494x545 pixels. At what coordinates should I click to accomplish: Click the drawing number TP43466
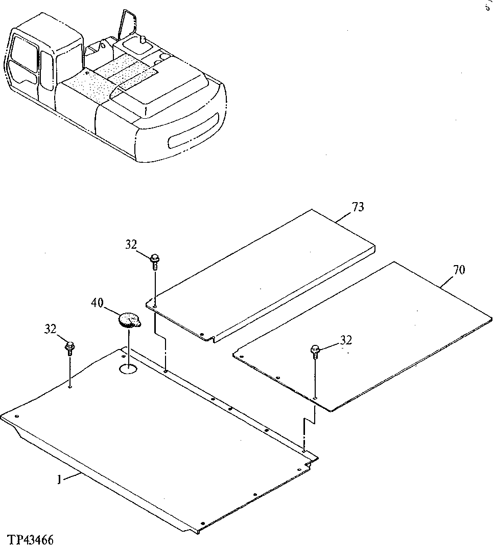(x=31, y=539)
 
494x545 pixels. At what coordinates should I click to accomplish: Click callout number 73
(x=358, y=207)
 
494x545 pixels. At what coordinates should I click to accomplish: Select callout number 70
(x=459, y=270)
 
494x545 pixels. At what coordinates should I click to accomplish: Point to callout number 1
(x=60, y=479)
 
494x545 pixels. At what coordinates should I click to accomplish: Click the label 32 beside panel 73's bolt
(x=131, y=245)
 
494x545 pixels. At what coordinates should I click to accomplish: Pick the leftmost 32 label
(x=50, y=329)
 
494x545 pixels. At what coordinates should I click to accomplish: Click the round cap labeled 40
(x=128, y=321)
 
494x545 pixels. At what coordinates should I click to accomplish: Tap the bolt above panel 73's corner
(x=154, y=259)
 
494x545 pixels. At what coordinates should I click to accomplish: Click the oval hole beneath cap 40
(x=128, y=368)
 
